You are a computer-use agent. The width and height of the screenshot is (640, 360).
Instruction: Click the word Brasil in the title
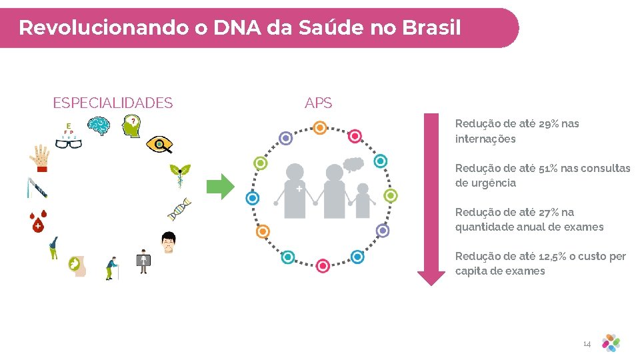[x=431, y=28]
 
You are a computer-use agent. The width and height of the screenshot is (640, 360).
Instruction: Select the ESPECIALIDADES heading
[x=113, y=103]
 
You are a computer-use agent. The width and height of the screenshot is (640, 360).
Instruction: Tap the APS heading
[x=318, y=103]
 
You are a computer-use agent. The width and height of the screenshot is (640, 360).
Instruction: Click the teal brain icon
[x=99, y=126]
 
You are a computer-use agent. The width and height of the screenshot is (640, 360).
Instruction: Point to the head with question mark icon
[x=132, y=126]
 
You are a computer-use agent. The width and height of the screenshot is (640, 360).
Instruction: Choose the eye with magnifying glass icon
[x=159, y=145]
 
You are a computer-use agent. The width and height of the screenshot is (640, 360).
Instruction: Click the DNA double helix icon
[x=179, y=209]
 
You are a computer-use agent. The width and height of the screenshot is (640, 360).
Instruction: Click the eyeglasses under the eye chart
[x=68, y=142]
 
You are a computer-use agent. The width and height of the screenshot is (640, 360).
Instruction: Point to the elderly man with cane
[x=112, y=267]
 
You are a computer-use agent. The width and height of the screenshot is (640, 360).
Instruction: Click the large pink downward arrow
[x=431, y=200]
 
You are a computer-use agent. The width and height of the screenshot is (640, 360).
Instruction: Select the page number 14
[x=587, y=344]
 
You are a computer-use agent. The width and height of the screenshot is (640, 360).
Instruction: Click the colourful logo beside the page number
[x=611, y=343]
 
